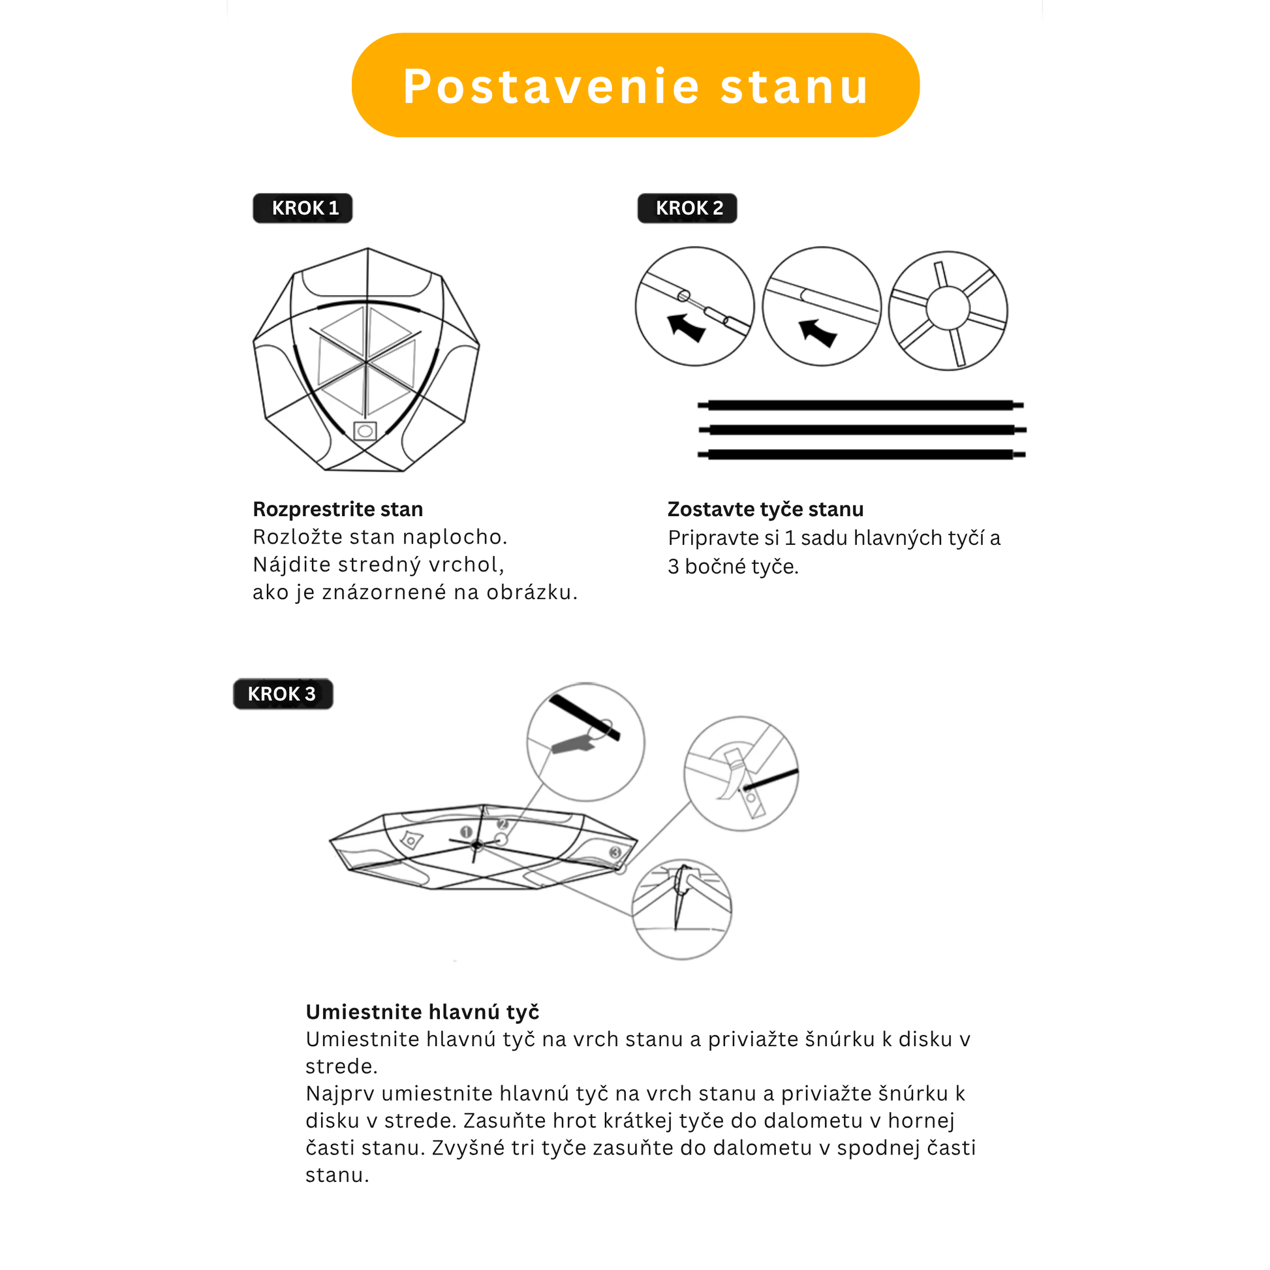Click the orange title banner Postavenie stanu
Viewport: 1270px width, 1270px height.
tap(635, 85)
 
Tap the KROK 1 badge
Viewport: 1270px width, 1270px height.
tap(302, 208)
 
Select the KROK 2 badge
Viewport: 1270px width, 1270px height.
tap(687, 208)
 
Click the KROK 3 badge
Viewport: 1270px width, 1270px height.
tap(283, 694)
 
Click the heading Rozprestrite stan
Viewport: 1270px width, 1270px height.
tap(338, 510)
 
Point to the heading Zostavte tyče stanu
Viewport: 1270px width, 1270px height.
tap(765, 510)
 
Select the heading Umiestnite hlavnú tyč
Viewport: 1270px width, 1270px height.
tap(423, 1012)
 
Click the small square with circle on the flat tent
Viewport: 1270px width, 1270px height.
tap(365, 431)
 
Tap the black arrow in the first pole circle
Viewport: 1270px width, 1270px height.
tap(686, 328)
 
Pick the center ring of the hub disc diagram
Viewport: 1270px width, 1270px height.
tap(947, 309)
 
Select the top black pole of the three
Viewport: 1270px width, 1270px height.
tap(860, 405)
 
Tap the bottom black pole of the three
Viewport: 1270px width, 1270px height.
tap(860, 454)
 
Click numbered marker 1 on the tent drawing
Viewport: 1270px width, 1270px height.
tap(466, 832)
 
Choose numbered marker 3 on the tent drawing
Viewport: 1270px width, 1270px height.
tap(615, 852)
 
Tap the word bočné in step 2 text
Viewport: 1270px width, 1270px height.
tap(715, 566)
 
